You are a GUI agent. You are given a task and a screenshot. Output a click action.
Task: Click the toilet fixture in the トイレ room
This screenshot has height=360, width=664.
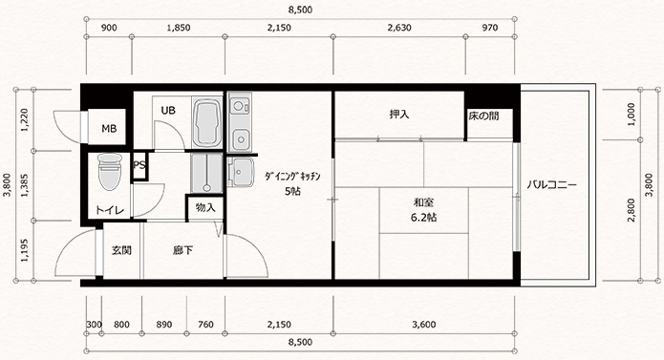[109, 171]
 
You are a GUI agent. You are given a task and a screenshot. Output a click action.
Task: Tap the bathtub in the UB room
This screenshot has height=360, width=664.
[207, 122]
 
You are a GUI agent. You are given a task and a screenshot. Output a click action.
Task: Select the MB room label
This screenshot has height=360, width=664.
[109, 128]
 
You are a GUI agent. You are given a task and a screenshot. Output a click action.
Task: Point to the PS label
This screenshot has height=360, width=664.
[139, 165]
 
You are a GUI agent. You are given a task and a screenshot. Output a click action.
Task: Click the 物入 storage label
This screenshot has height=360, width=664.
[205, 207]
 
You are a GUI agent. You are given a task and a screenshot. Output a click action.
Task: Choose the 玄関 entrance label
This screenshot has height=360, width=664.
[121, 250]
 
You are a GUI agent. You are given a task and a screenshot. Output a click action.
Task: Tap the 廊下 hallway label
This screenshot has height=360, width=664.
[182, 250]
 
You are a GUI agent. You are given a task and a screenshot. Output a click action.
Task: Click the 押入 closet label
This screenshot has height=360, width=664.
[399, 115]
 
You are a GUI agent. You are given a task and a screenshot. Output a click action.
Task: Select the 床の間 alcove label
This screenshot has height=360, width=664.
[483, 116]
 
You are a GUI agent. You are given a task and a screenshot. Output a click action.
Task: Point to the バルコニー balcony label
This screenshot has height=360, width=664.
[552, 185]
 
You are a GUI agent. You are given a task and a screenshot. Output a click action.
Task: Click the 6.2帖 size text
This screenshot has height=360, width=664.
[423, 218]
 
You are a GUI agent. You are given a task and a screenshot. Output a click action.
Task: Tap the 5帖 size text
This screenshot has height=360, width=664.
[292, 191]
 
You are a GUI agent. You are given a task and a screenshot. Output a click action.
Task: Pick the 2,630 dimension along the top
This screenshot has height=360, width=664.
[399, 28]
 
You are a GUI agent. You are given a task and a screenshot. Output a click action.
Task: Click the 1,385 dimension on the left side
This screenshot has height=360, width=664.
[25, 185]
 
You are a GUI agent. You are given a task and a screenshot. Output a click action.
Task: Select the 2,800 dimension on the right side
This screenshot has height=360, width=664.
[632, 210]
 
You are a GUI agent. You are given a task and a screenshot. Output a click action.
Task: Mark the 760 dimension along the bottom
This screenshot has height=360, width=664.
[205, 325]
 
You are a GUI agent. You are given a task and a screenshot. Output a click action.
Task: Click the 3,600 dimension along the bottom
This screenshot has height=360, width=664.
[424, 325]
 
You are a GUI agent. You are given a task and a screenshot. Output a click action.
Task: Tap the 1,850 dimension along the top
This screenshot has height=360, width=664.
[179, 28]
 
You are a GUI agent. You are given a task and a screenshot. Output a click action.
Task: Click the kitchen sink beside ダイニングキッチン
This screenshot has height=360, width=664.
[240, 172]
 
